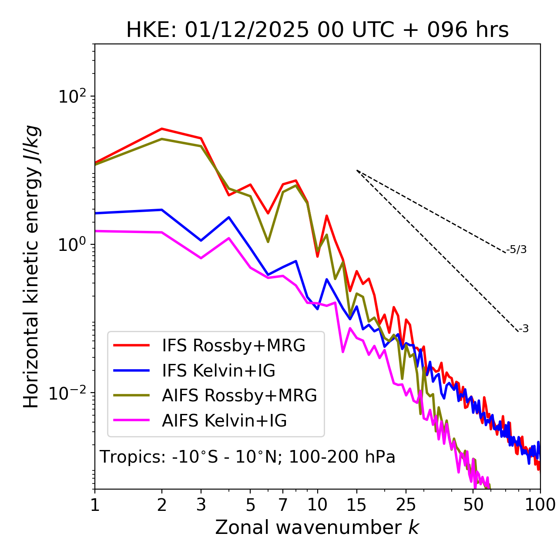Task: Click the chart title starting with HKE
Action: (317, 30)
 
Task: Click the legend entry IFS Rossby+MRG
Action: (233, 345)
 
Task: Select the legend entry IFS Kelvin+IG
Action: (218, 370)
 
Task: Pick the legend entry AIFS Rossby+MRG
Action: (239, 395)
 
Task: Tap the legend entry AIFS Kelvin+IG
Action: (224, 420)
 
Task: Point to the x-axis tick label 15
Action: (356, 504)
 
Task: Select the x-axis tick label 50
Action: (473, 504)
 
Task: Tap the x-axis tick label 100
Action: (540, 504)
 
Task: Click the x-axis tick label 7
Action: (283, 504)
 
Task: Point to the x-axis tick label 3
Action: (201, 504)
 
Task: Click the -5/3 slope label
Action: (517, 250)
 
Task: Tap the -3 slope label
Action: (523, 329)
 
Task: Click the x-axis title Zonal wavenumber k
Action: (317, 527)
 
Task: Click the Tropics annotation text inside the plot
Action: (248, 457)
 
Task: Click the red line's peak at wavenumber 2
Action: (162, 129)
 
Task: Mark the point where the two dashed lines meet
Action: (357, 170)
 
